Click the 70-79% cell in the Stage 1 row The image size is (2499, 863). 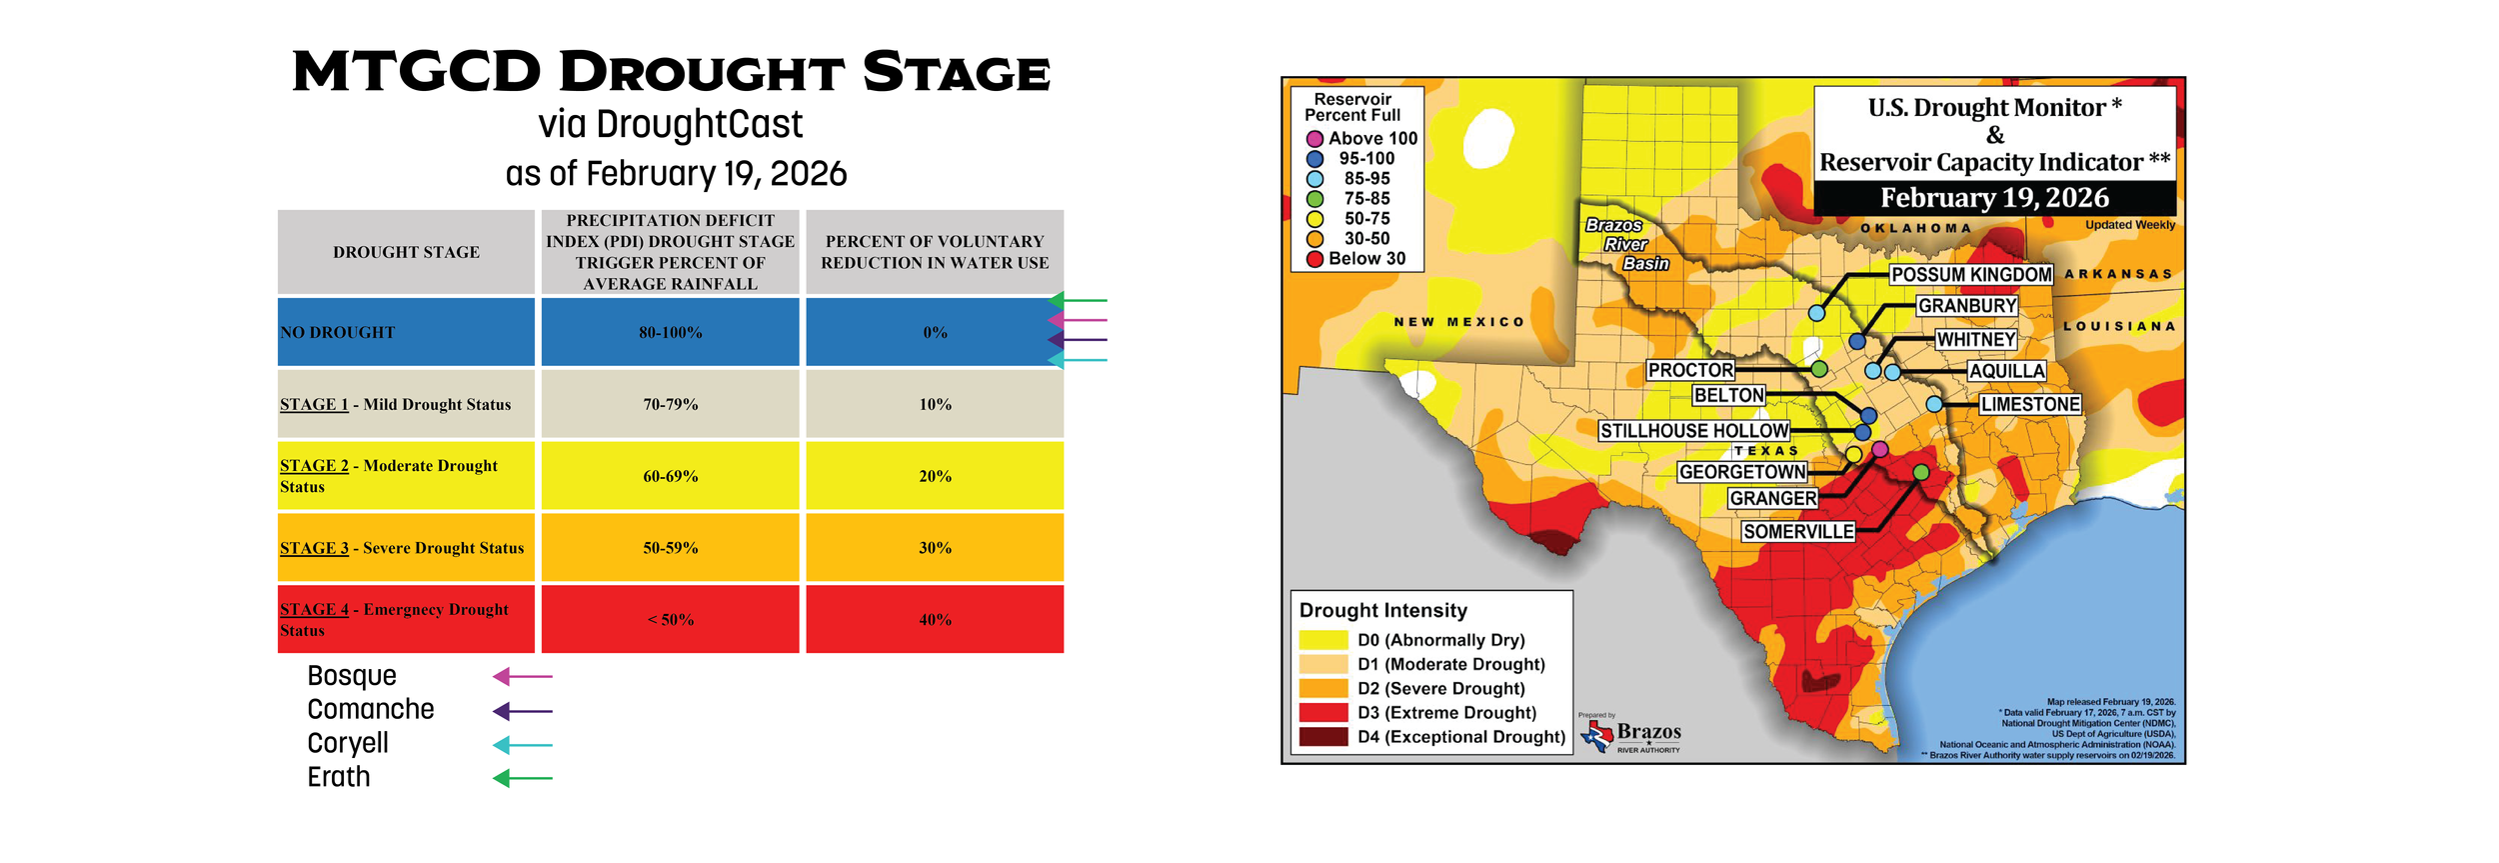[x=670, y=404]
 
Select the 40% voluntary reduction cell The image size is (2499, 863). [x=935, y=620]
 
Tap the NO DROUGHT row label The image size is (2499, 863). [x=338, y=332]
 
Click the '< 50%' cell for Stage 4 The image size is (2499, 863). [x=670, y=620]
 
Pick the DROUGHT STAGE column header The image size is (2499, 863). [x=406, y=252]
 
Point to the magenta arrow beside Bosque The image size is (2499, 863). [x=522, y=677]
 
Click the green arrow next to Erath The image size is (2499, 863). [x=522, y=778]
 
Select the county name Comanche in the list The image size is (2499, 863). [x=370, y=709]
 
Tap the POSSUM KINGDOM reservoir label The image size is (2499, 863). [x=1970, y=275]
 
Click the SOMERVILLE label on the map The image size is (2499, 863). [x=1798, y=532]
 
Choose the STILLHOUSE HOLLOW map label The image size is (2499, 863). [x=1694, y=431]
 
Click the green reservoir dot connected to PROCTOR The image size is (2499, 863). [x=1819, y=369]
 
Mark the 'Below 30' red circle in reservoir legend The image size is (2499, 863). [x=1314, y=259]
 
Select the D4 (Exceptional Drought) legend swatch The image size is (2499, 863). [x=1322, y=737]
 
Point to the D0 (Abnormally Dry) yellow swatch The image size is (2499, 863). [x=1322, y=640]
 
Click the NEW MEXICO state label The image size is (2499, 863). [x=1458, y=322]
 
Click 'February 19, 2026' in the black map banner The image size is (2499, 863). [x=1993, y=198]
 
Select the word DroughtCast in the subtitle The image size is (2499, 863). [x=699, y=125]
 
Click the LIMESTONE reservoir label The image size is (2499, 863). [x=2030, y=404]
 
